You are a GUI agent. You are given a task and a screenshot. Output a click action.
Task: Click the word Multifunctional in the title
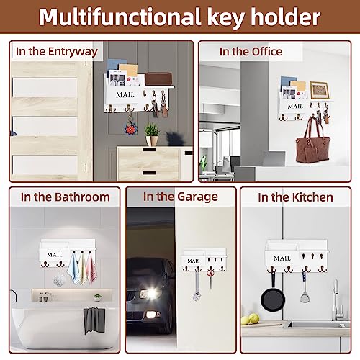click(131, 17)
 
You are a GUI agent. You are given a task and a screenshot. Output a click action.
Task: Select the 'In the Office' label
click(251, 51)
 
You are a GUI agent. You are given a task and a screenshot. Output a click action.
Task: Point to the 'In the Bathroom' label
click(65, 197)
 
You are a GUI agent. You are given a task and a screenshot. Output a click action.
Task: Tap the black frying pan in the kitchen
click(269, 297)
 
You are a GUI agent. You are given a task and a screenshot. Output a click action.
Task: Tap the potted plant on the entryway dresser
click(151, 134)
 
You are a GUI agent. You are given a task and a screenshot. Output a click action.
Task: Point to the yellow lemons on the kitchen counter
click(248, 319)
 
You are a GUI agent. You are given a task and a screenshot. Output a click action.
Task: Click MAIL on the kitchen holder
click(282, 258)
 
